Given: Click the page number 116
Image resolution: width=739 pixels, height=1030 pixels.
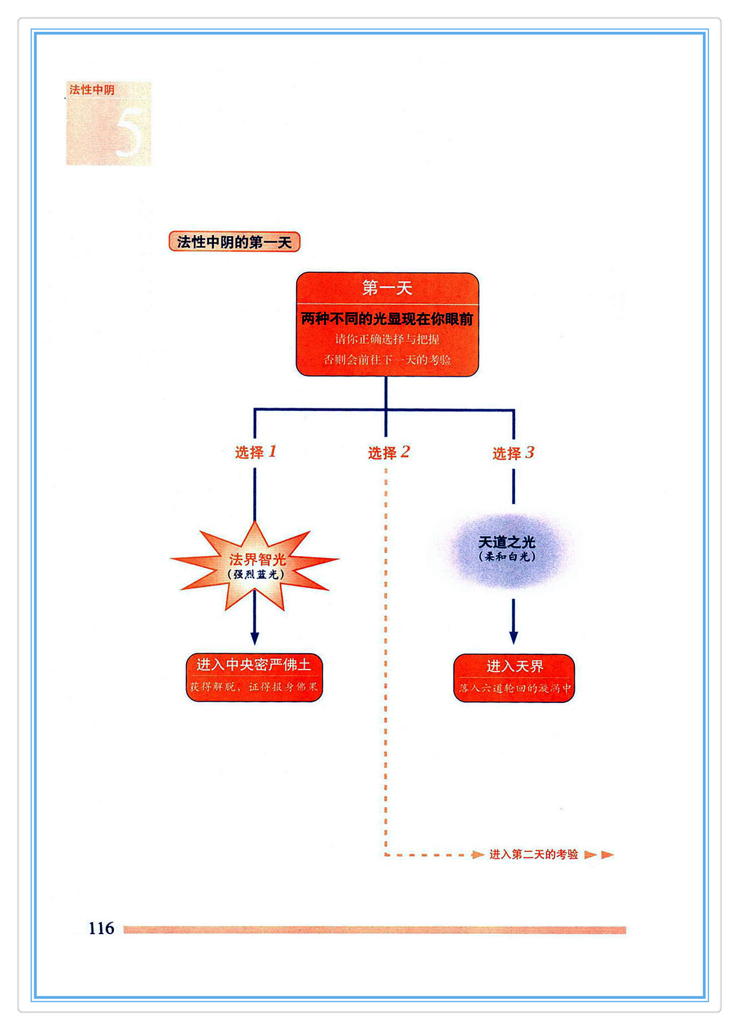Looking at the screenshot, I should click(101, 928).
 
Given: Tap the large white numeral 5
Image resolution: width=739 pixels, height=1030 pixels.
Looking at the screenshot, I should click(129, 132).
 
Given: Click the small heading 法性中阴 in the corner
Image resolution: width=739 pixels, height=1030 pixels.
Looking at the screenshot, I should click(92, 90).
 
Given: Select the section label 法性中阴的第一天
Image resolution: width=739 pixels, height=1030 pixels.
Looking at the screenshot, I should click(235, 242).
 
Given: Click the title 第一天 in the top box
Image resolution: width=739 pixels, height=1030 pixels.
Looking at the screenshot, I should click(387, 288).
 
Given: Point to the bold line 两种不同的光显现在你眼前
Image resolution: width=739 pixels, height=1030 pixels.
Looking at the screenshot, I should click(387, 319).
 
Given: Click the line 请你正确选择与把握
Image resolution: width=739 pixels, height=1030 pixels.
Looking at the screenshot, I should click(387, 339).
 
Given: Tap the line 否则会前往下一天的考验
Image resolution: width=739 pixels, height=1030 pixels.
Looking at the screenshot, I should click(387, 359).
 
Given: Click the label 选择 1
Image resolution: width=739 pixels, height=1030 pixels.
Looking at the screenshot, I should click(255, 452).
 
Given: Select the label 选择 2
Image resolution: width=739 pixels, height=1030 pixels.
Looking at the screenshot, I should click(388, 453).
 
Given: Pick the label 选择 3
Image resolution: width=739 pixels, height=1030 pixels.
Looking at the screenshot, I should click(513, 453).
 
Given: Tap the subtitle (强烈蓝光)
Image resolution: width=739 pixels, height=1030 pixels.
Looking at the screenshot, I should click(256, 574).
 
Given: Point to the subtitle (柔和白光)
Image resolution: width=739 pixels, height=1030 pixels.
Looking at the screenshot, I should click(507, 557).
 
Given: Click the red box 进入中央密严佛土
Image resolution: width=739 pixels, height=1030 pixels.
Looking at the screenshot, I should click(254, 677).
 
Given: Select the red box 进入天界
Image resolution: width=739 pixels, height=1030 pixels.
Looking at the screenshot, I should click(514, 678).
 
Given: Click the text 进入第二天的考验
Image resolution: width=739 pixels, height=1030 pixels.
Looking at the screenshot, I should click(534, 854).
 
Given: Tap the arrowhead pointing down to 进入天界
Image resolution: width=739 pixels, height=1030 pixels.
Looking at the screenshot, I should click(513, 638).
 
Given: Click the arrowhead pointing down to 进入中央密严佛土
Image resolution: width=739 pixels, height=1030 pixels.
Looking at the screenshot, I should click(254, 638).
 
